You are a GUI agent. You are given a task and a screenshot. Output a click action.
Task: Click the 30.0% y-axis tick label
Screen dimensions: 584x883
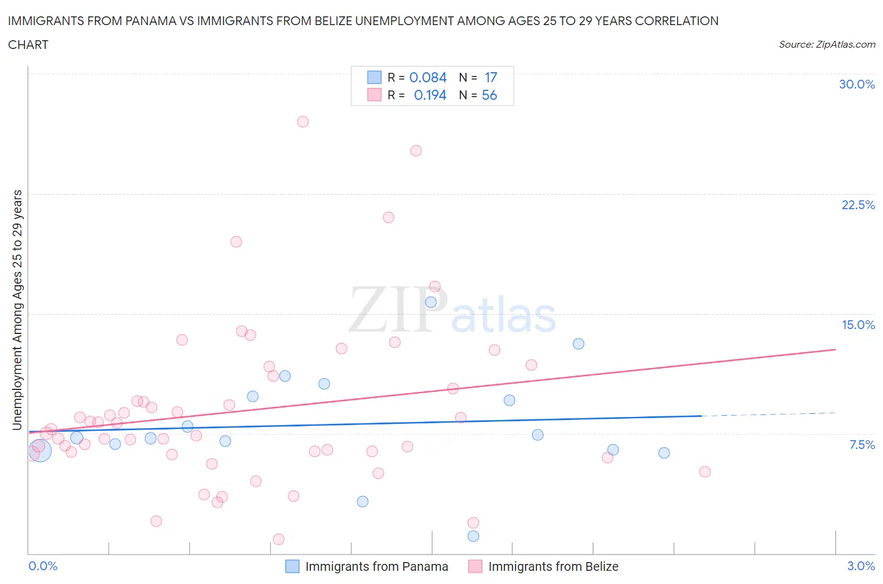857,84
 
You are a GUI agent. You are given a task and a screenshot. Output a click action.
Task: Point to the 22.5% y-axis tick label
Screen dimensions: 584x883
858,205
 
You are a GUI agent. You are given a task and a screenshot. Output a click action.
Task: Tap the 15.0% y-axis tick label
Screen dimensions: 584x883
858,325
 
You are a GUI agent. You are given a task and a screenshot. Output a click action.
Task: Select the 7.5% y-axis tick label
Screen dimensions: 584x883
862,445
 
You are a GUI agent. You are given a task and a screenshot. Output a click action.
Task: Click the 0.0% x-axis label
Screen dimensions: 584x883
43,566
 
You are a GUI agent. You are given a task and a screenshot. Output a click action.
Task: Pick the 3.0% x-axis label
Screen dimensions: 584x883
860,566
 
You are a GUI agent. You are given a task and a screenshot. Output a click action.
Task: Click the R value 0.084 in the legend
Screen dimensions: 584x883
428,77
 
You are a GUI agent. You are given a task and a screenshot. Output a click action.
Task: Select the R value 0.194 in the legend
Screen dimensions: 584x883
430,95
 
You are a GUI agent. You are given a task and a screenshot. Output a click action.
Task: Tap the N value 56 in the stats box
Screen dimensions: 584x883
489,95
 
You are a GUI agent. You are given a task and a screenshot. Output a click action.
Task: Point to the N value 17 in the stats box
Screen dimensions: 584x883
490,77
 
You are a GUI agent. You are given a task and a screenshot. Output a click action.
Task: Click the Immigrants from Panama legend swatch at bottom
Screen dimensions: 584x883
292,566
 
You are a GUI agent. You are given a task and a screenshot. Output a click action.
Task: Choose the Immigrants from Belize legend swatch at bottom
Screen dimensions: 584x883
475,566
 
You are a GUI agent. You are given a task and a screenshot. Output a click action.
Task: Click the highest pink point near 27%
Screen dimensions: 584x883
303,122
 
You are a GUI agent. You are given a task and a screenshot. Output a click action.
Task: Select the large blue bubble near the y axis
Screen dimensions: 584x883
40,450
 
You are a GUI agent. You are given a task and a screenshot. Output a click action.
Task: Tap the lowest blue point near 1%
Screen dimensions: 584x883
474,536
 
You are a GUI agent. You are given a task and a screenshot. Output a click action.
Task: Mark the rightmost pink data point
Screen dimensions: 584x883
705,472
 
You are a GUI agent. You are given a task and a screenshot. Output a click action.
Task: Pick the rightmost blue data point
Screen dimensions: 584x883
664,453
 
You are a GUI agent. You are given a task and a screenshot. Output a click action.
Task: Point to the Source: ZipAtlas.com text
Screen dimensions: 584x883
826,45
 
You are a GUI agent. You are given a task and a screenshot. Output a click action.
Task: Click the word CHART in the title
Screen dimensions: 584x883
28,45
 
